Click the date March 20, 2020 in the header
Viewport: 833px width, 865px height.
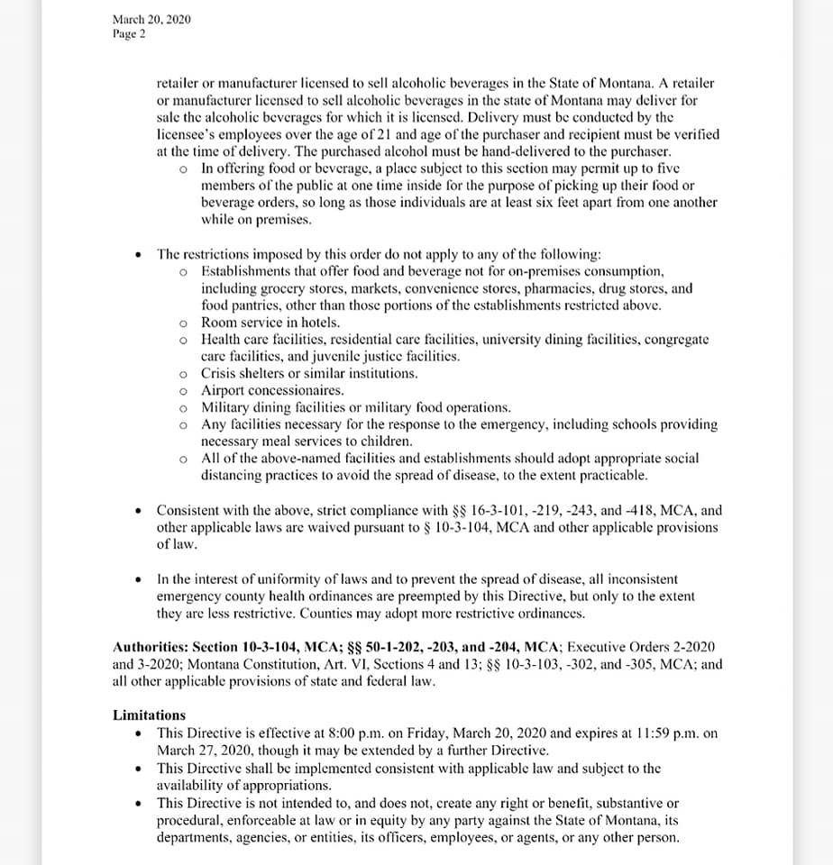click(151, 19)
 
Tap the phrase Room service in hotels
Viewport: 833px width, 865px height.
click(270, 323)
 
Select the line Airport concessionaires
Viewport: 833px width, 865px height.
click(272, 391)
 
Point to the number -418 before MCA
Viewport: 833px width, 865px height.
click(639, 510)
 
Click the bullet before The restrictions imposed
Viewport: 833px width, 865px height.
click(137, 255)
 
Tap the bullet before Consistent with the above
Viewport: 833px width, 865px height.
click(137, 511)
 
